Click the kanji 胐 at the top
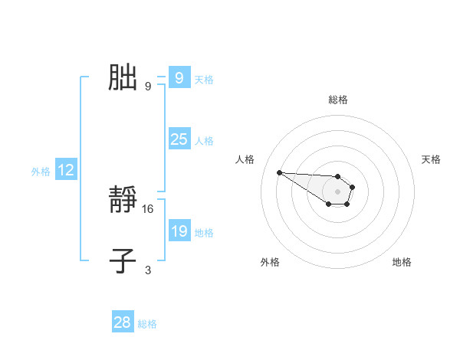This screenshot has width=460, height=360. (x=123, y=78)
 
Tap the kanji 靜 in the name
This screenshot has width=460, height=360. (x=123, y=201)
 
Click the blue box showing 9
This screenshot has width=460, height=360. (x=179, y=78)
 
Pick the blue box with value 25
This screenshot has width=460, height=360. (x=179, y=139)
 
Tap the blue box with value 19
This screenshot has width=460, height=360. (x=179, y=231)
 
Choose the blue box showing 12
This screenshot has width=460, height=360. (x=65, y=170)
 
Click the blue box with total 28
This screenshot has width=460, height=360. (x=123, y=322)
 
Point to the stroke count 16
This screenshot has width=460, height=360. (x=148, y=208)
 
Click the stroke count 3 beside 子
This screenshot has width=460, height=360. (x=148, y=270)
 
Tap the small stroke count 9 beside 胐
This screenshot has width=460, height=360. (x=148, y=86)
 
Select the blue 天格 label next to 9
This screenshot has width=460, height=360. (x=204, y=79)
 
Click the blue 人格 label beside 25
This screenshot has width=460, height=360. (x=204, y=140)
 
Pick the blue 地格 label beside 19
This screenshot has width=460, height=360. (x=204, y=232)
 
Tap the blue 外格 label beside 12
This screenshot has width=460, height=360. (x=41, y=172)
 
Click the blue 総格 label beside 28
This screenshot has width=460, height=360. (x=147, y=324)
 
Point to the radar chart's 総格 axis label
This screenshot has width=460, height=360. (x=337, y=100)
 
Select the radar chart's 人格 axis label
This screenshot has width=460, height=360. (x=245, y=159)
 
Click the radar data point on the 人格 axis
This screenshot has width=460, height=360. (x=279, y=172)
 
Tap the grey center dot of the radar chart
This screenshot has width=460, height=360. (x=337, y=191)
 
